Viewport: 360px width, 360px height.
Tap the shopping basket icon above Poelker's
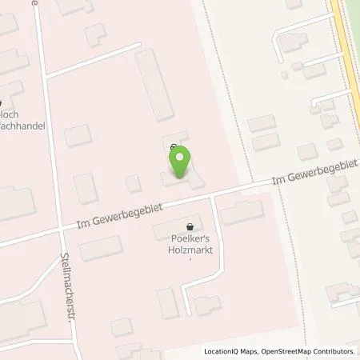(190, 226)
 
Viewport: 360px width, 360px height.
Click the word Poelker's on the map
(190, 237)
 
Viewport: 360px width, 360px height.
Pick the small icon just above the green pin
(175, 146)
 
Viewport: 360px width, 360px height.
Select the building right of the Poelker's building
(241, 212)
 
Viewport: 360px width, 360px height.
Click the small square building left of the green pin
(134, 183)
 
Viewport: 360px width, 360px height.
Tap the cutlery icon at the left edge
(2, 102)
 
